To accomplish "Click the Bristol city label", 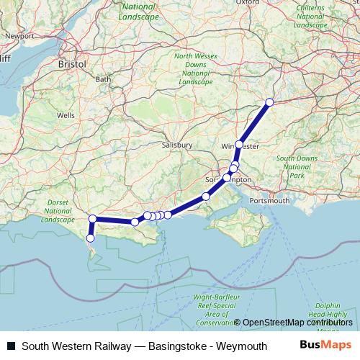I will coord(73,64).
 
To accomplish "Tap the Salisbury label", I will coord(179,145).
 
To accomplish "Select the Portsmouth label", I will coord(269,199).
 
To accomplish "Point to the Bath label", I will coord(104,79).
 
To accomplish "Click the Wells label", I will coord(66,115).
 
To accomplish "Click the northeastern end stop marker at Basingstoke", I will coord(270,102).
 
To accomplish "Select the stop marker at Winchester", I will coord(239,145).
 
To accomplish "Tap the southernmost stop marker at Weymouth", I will coord(91,238).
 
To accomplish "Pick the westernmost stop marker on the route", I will coord(92,218).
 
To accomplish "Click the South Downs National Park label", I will coord(297,166).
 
